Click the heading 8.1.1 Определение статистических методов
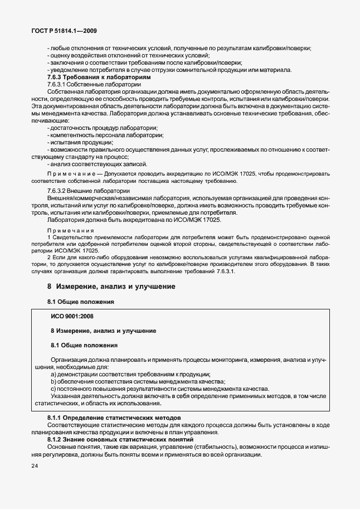click(115, 418)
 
